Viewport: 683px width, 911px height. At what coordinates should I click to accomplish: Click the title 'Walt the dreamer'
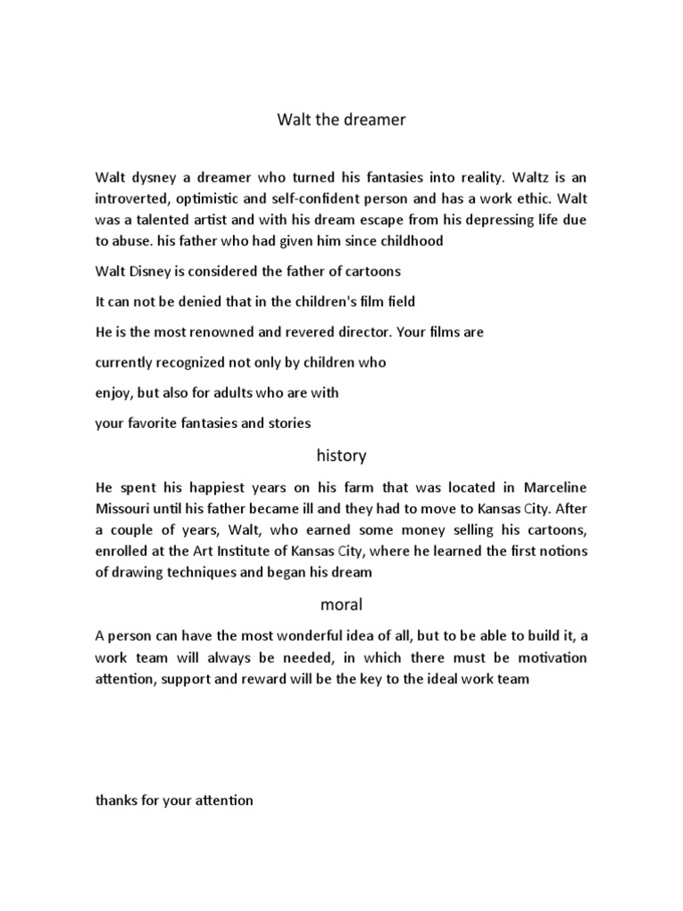tap(341, 120)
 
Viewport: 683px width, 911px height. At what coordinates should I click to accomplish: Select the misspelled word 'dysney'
tap(151, 177)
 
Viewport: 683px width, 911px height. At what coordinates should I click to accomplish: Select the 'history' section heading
tap(341, 455)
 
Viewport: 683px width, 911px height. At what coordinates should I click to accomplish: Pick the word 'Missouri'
tap(124, 510)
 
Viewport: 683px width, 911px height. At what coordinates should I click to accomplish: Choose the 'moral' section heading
tap(341, 605)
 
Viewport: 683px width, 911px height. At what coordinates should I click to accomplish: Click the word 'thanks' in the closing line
tap(117, 801)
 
